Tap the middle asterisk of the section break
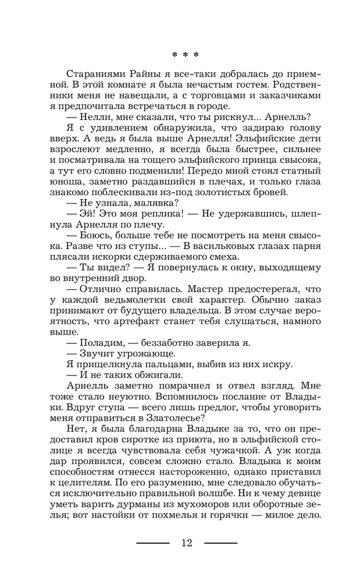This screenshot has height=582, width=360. pos(186,55)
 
